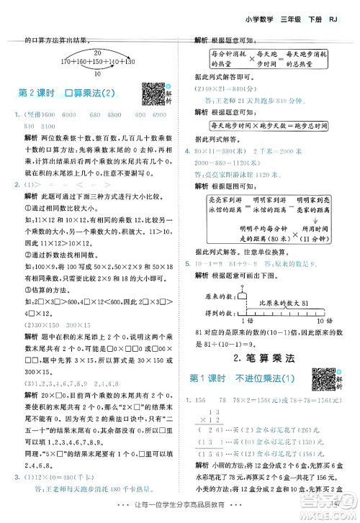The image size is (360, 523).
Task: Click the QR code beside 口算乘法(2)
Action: tap(152, 94)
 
